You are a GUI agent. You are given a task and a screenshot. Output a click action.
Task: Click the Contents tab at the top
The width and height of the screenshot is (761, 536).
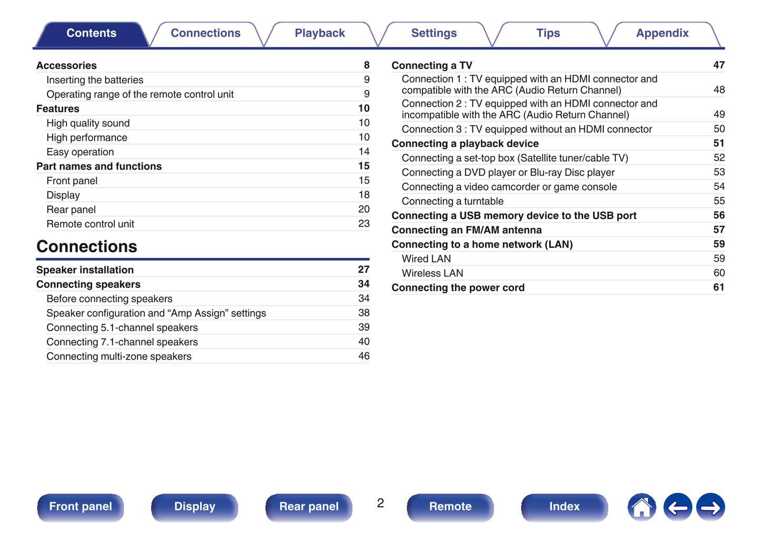pyautogui.click(x=91, y=33)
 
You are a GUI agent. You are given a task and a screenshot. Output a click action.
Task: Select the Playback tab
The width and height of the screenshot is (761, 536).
pyautogui.click(x=320, y=33)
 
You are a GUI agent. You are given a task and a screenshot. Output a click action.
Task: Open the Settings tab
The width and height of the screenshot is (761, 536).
pyautogui.click(x=433, y=33)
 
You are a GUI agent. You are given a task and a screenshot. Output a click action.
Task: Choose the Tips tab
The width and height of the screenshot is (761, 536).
pyautogui.click(x=548, y=33)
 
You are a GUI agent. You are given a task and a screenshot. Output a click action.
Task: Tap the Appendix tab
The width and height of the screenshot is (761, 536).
pyautogui.click(x=662, y=33)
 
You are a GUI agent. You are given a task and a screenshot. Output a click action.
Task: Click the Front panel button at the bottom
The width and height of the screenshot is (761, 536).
pyautogui.click(x=81, y=507)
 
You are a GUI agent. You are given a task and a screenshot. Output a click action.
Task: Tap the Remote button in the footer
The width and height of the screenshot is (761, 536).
pyautogui.click(x=450, y=507)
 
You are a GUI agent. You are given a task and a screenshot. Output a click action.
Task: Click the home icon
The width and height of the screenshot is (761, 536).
pyautogui.click(x=641, y=508)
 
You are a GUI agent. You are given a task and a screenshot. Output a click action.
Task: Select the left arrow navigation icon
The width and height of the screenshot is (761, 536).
pyautogui.click(x=677, y=508)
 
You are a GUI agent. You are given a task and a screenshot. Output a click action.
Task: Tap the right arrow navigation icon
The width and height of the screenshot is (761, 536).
pyautogui.click(x=710, y=508)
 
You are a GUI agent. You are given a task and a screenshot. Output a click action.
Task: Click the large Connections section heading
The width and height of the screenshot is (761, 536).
pyautogui.click(x=87, y=246)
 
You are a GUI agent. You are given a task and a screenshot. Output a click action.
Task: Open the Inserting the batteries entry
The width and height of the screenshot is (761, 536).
pyautogui.click(x=95, y=80)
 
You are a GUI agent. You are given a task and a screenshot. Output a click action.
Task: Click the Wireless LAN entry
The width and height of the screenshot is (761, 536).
pyautogui.click(x=432, y=273)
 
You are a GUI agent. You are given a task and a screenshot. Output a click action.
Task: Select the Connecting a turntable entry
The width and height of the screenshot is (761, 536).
pyautogui.click(x=452, y=201)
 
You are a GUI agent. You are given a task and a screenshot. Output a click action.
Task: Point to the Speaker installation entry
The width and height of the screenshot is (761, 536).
pyautogui.click(x=85, y=270)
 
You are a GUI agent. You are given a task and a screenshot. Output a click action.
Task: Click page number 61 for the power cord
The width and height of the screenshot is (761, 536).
pyautogui.click(x=718, y=287)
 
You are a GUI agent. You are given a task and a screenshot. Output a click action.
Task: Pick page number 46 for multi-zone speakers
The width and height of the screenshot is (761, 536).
pyautogui.click(x=363, y=356)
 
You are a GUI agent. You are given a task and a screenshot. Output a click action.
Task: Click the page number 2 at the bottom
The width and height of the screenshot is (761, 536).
pyautogui.click(x=380, y=503)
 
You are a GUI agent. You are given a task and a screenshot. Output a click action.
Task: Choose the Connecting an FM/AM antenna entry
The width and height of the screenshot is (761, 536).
pyautogui.click(x=466, y=230)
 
